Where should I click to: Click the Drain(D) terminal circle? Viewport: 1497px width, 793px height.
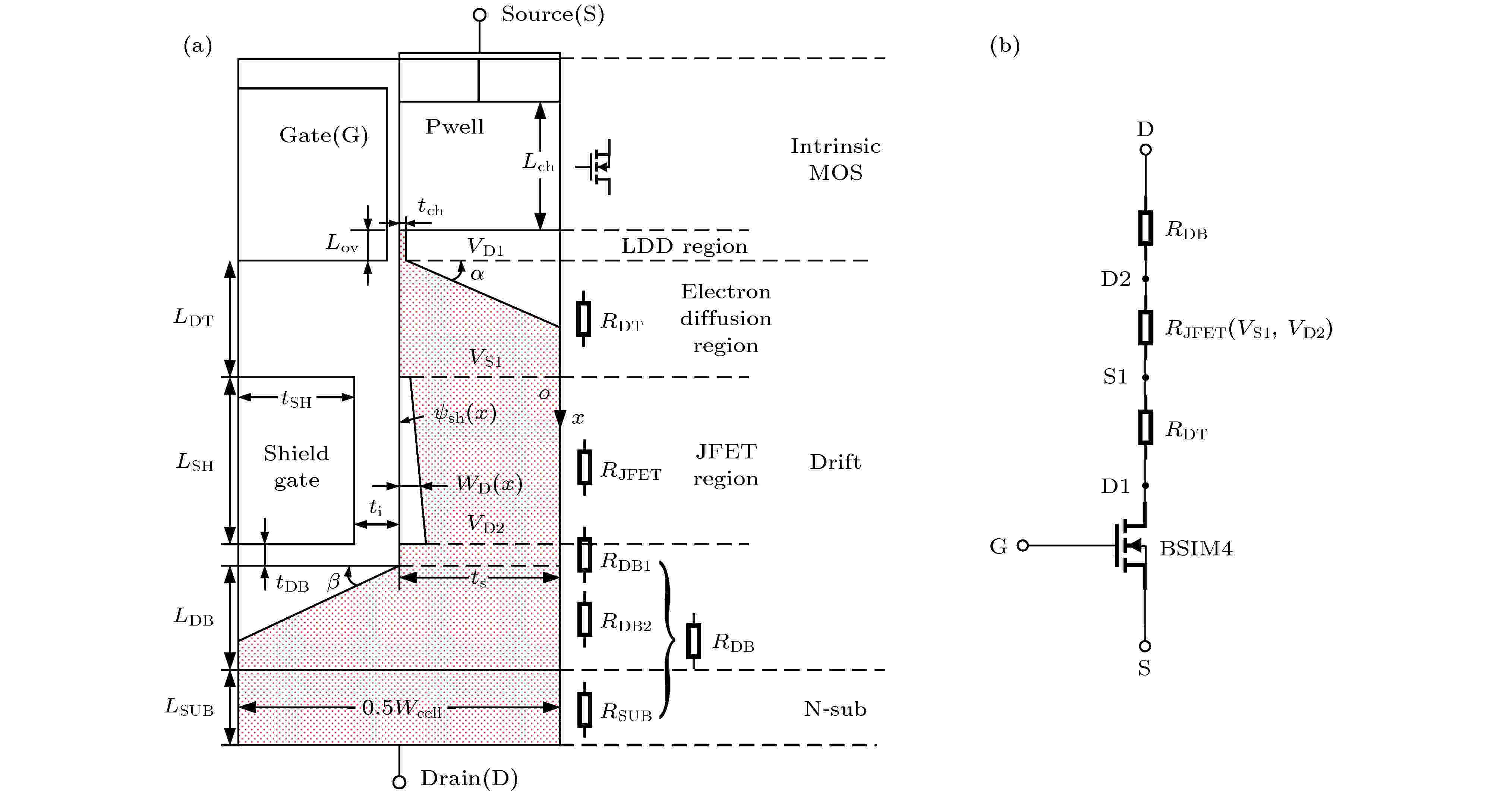pyautogui.click(x=399, y=782)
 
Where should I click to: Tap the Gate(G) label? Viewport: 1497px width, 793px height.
pyautogui.click(x=324, y=135)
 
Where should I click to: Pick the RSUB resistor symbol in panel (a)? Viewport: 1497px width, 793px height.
pyautogui.click(x=584, y=710)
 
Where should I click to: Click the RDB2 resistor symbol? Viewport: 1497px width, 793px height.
pyautogui.click(x=584, y=619)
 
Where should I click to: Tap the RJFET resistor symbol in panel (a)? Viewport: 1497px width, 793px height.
pyautogui.click(x=584, y=467)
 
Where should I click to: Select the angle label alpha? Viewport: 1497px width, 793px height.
pyautogui.click(x=477, y=274)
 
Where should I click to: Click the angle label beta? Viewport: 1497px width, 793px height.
pyautogui.click(x=334, y=582)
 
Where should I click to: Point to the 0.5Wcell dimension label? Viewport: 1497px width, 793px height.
pyautogui.click(x=402, y=708)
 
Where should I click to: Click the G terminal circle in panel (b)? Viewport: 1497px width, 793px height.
pyautogui.click(x=1023, y=545)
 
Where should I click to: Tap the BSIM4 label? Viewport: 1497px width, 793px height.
pyautogui.click(x=1196, y=548)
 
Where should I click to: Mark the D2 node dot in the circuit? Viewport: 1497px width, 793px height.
pyautogui.click(x=1145, y=279)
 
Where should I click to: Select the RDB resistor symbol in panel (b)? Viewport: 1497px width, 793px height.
pyautogui.click(x=1145, y=227)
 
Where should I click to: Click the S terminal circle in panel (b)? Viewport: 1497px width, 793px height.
pyautogui.click(x=1145, y=646)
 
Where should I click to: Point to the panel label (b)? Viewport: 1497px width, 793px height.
pyautogui.click(x=1005, y=46)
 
